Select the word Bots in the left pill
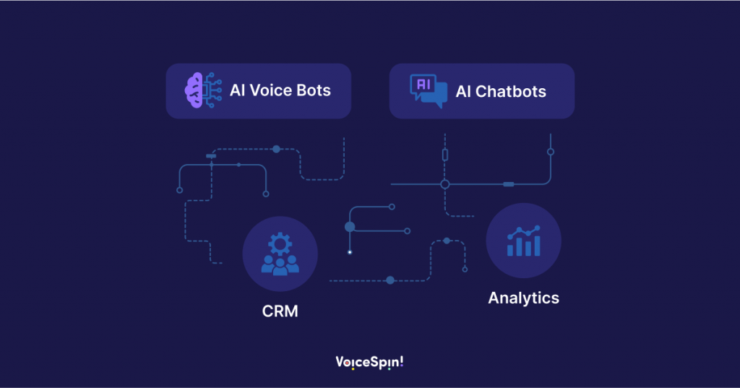tap(314, 91)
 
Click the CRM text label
tap(280, 311)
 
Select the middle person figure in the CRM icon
tap(280, 264)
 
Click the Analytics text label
tap(523, 298)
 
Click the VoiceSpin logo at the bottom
tap(369, 362)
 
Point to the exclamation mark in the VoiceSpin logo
tap(401, 361)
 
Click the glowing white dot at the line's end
tap(350, 252)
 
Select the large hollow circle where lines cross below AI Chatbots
tap(445, 184)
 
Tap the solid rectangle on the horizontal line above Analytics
tap(508, 184)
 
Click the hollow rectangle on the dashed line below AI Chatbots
tap(445, 154)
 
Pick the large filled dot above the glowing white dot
tap(350, 227)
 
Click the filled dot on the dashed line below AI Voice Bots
tap(276, 149)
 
